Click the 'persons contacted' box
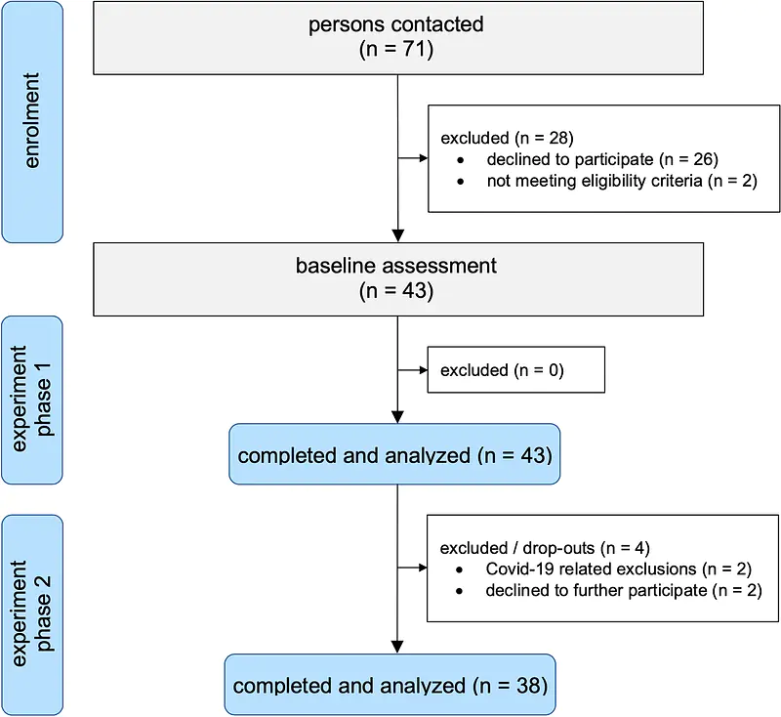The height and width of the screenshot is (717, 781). [398, 38]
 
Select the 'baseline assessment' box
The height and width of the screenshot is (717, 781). [398, 279]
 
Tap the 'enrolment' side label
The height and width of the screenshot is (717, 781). [32, 121]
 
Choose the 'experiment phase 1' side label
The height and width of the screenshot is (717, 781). [32, 400]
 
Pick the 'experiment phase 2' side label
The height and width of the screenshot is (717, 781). [32, 614]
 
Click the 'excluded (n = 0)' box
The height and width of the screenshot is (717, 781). [516, 369]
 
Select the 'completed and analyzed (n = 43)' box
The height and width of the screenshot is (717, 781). [394, 454]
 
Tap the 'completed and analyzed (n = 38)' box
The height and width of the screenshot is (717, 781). [390, 685]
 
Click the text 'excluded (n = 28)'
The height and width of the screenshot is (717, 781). [507, 138]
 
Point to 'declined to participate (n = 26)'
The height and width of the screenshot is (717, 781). [602, 159]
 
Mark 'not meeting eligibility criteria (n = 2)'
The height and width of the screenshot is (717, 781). [622, 181]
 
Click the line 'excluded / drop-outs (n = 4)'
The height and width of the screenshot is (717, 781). [545, 548]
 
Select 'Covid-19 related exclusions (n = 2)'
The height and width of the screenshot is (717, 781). [619, 569]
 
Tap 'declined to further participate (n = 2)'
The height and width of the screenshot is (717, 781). [624, 590]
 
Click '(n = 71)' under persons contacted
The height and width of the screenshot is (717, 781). [396, 49]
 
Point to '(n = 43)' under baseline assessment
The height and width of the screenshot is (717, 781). [396, 290]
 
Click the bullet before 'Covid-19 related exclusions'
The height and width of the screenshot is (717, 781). [459, 569]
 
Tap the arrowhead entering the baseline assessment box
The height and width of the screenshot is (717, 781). [398, 235]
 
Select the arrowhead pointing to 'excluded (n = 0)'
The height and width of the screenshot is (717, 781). [424, 369]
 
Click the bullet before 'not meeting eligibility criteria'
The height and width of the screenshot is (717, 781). [460, 182]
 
